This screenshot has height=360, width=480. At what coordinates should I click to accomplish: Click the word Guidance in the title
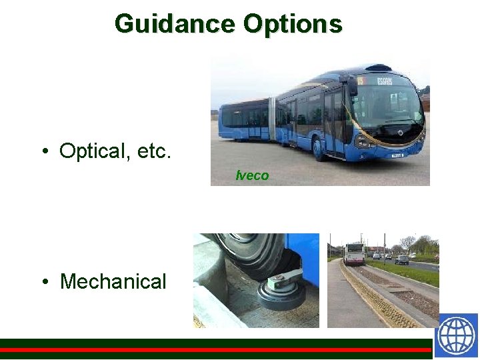(175, 24)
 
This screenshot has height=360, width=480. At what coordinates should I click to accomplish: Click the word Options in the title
(293, 24)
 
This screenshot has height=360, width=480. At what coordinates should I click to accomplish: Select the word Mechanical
(113, 281)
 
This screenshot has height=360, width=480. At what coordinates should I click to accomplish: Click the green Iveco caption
(253, 176)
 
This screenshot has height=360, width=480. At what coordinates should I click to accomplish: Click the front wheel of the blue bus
(319, 148)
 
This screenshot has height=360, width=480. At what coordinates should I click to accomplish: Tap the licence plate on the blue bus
(397, 156)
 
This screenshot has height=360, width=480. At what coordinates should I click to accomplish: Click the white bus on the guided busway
(353, 253)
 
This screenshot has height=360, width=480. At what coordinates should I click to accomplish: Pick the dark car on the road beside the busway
(401, 259)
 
